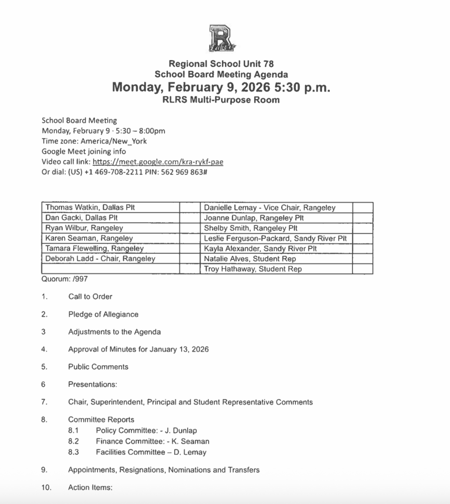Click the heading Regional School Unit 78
[221, 63]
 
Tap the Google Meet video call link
[160, 162]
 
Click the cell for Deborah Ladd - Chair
[100, 259]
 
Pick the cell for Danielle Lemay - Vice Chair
[269, 208]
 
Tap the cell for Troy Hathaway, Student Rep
[253, 269]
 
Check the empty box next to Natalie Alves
[362, 259]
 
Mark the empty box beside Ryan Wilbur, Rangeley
[189, 228]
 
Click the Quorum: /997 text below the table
[59, 279]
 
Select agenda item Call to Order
[90, 297]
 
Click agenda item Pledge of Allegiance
[103, 315]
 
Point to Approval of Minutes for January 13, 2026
[138, 349]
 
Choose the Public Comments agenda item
[98, 367]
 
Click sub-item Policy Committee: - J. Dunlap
[146, 431]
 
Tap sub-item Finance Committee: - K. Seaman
[152, 441]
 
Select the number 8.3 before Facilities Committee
[74, 452]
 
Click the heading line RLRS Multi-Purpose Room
[221, 100]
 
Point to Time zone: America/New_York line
[94, 141]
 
